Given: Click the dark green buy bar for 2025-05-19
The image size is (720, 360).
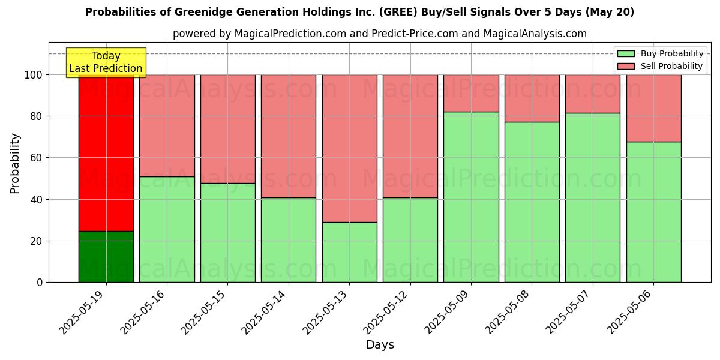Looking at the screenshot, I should (x=106, y=257).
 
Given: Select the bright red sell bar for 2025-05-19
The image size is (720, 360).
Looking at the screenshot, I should (x=106, y=153).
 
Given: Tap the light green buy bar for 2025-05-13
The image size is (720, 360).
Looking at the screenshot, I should (x=349, y=252).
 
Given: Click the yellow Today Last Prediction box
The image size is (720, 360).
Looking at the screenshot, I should (x=106, y=62).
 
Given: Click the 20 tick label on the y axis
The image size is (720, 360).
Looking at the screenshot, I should (x=36, y=241).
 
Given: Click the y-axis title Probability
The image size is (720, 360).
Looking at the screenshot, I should (x=15, y=163).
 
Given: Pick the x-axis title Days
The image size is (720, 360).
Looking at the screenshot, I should (x=380, y=345).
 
